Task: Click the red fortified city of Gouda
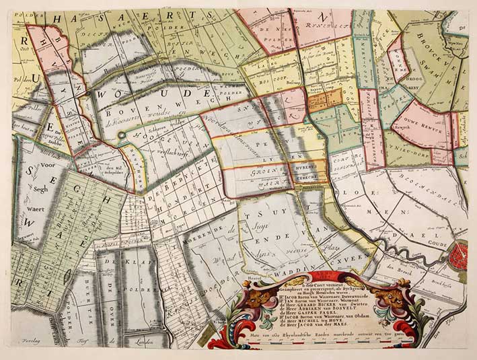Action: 461,256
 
